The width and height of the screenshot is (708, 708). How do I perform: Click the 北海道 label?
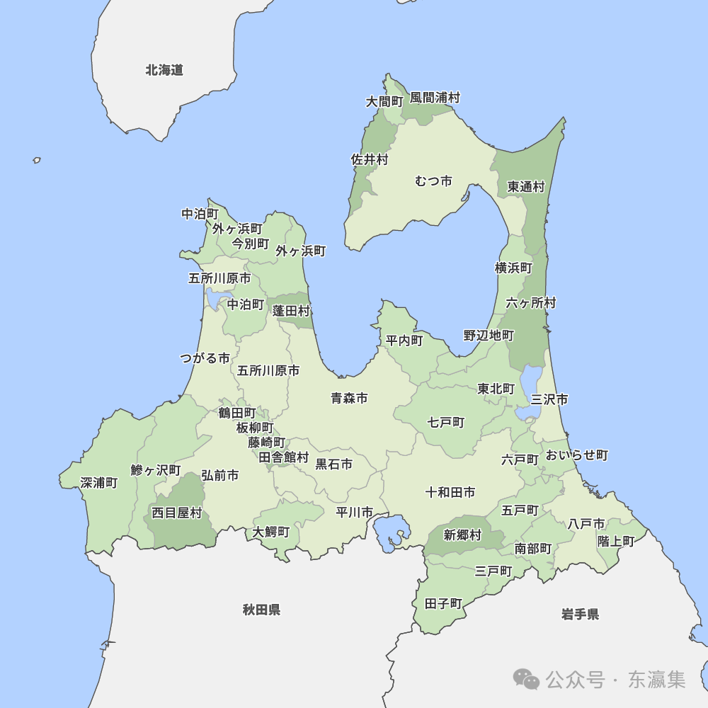click(x=164, y=70)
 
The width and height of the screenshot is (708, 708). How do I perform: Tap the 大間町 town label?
click(x=384, y=102)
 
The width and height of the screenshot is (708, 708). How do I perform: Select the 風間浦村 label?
click(x=435, y=98)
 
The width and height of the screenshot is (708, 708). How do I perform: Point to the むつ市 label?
click(x=433, y=181)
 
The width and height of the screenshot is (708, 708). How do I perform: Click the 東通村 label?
click(x=526, y=187)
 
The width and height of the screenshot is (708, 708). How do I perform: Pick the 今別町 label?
click(x=251, y=244)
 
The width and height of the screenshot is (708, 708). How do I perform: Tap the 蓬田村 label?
click(x=292, y=311)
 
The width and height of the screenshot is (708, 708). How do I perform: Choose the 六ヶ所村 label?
click(x=531, y=303)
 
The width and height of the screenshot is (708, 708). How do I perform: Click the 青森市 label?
click(x=349, y=398)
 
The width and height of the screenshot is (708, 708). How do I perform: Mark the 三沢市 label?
click(x=549, y=399)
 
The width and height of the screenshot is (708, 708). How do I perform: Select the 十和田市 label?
click(x=450, y=492)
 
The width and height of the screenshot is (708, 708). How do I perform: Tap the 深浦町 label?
click(x=99, y=483)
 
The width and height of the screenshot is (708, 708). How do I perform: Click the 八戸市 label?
click(x=586, y=524)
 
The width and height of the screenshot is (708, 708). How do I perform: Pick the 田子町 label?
click(x=443, y=604)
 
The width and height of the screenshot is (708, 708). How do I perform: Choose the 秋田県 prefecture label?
click(x=261, y=610)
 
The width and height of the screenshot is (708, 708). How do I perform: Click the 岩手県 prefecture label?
click(x=580, y=614)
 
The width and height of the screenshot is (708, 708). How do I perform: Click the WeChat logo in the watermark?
click(x=526, y=680)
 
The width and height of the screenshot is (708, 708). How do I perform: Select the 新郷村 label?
click(x=462, y=535)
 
